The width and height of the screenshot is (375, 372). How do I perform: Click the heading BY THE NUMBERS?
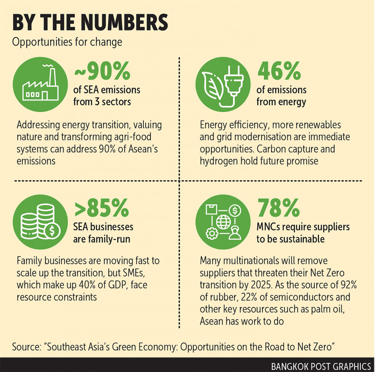pos(90,22)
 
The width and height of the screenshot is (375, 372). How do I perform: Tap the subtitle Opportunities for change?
pos(67,42)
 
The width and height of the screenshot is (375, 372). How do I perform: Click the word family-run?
pos(108,238)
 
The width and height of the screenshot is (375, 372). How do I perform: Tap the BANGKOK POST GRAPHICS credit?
pos(320,366)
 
